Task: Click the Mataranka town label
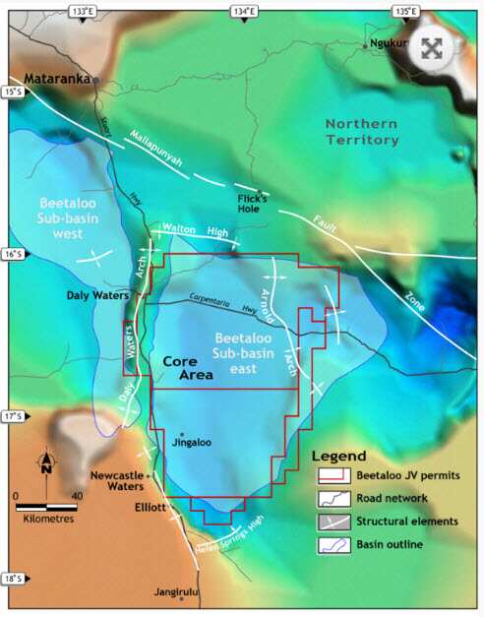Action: [50, 76]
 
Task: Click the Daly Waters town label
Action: [95, 294]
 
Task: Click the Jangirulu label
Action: [177, 593]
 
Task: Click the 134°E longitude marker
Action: [244, 11]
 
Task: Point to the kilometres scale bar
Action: [46, 507]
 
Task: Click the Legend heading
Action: [338, 456]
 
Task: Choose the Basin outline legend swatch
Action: [332, 543]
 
